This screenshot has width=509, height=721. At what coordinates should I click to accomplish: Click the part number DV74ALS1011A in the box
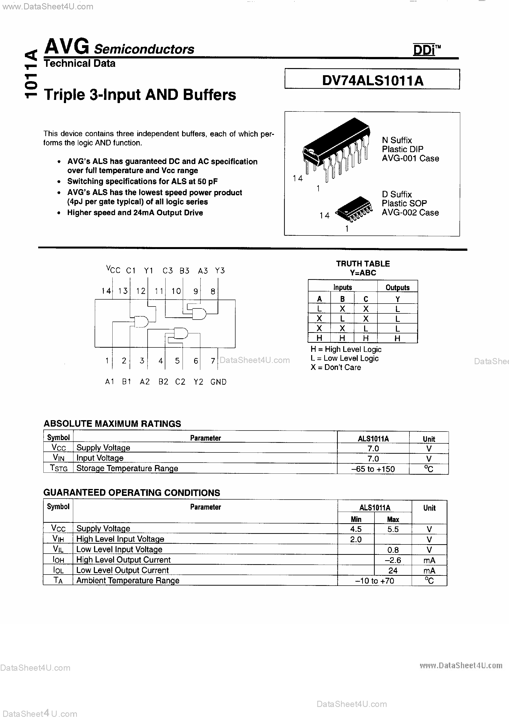pos(373,81)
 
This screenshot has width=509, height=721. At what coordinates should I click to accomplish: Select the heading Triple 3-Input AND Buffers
pos(140,95)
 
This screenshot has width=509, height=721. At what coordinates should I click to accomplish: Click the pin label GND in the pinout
pos(219,382)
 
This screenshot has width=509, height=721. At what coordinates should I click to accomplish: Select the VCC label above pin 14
pos(113,270)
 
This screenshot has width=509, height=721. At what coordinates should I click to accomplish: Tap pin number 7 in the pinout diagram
pos(213,361)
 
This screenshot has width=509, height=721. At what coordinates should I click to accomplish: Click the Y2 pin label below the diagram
pos(198,382)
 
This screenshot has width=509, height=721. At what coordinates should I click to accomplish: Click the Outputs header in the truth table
pos(397,287)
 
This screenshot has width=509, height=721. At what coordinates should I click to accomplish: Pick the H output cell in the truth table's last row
pos(397,338)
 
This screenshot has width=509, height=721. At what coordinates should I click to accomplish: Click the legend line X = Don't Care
pos(336,367)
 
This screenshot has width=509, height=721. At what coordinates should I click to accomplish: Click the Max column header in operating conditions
pos(393,519)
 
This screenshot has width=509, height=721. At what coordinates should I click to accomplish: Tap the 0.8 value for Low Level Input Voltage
pos(393,550)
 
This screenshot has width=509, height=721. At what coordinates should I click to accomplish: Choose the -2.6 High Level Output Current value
pos(393,560)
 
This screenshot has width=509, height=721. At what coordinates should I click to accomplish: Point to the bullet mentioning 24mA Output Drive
pos(135,213)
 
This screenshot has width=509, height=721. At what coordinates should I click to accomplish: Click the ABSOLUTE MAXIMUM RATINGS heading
pos(112,424)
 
